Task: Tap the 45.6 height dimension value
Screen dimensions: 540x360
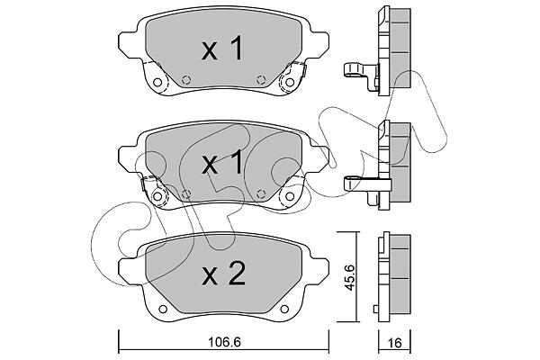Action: click(x=350, y=278)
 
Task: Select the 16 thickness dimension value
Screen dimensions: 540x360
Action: click(x=395, y=343)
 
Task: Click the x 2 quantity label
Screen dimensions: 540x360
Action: click(x=223, y=274)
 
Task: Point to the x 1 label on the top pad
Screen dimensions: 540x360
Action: click(x=222, y=49)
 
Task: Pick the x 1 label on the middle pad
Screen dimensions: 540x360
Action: click(x=222, y=164)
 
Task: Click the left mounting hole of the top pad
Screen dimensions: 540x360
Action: click(x=157, y=82)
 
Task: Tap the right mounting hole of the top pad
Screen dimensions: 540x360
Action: click(x=290, y=82)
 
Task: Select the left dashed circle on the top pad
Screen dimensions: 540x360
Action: click(x=186, y=80)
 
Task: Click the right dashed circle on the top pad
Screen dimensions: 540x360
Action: click(x=261, y=80)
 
